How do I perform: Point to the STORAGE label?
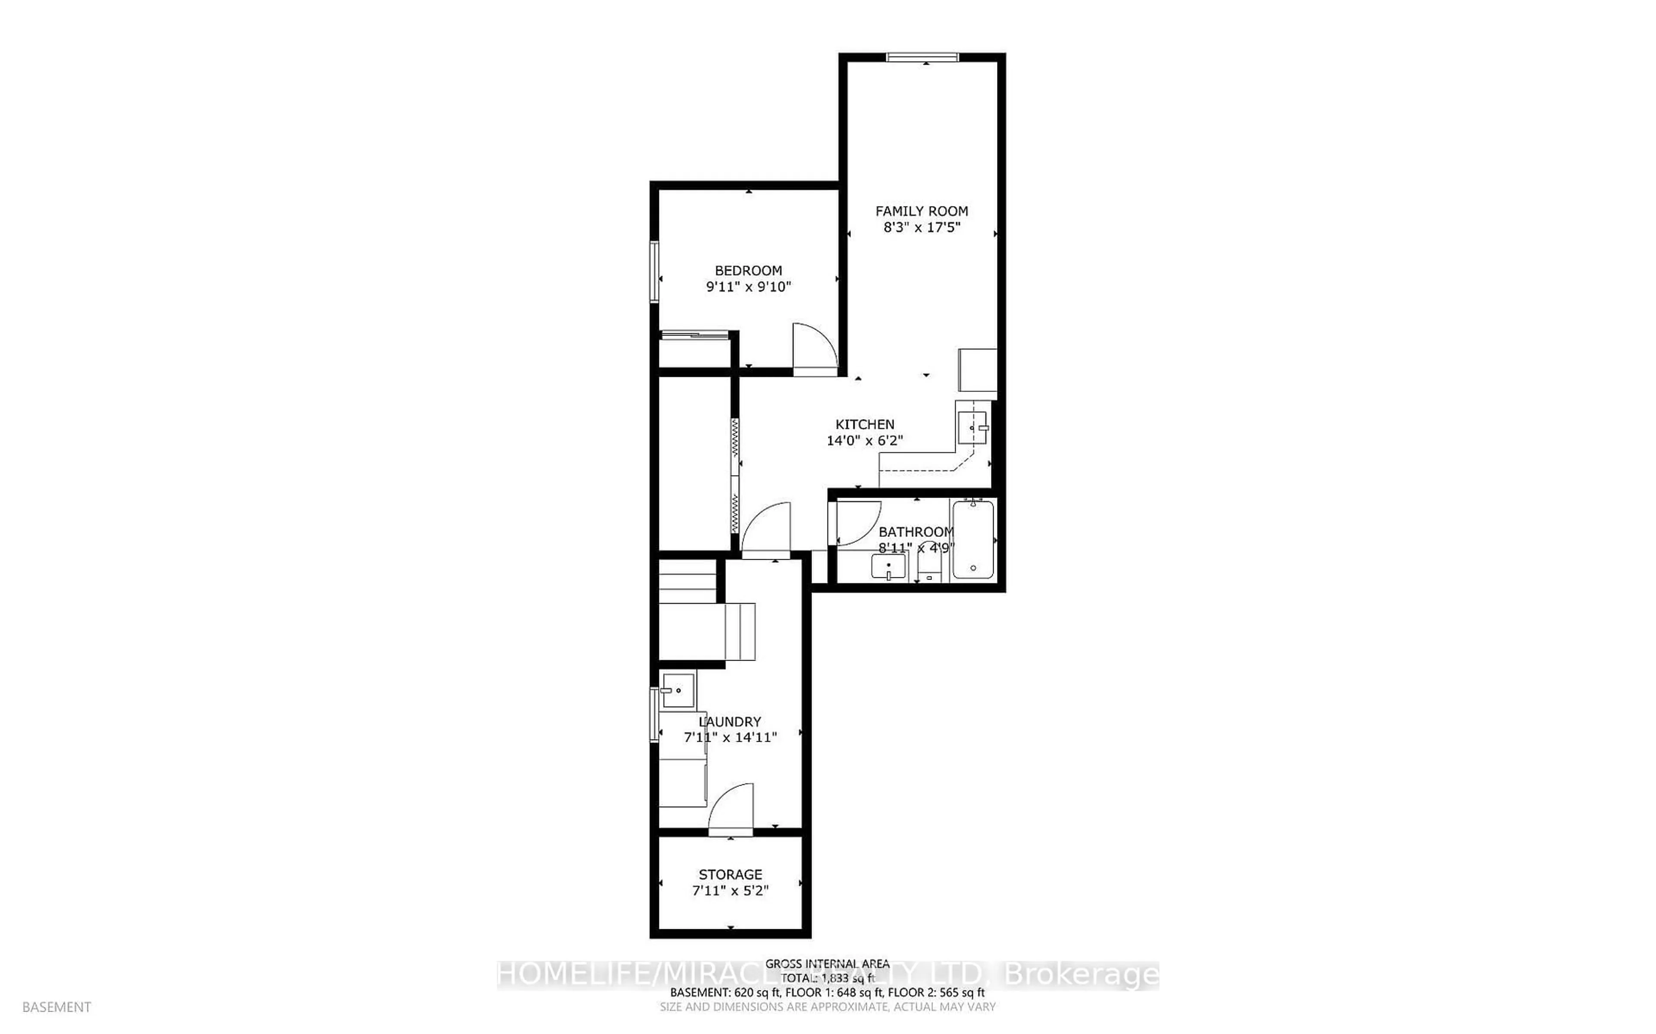pos(730,874)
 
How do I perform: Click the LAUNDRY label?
pos(730,721)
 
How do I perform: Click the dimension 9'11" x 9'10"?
pos(748,287)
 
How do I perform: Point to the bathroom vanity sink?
pos(888,566)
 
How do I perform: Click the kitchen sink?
pos(972,427)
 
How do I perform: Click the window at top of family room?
pos(922,57)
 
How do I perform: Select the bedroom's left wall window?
pos(654,272)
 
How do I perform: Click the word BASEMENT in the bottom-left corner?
pos(57,1007)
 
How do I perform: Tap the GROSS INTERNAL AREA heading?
pos(827,964)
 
